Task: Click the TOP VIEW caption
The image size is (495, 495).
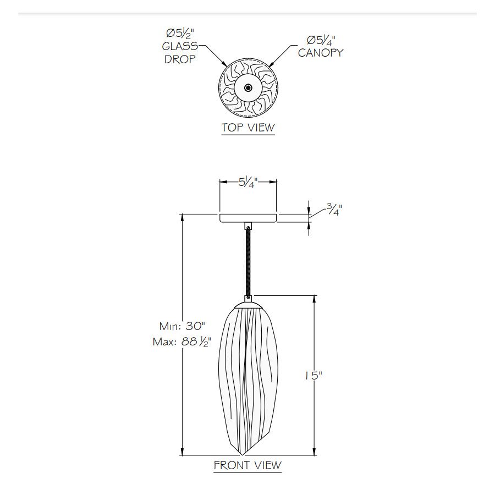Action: pos(248,128)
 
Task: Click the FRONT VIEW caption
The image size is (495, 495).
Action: pos(248,465)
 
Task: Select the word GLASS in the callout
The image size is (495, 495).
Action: pos(180,46)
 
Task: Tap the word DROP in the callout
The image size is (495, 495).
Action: pos(180,59)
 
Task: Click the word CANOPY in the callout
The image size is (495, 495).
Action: pos(321,53)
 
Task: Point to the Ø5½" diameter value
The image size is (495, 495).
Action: pos(180,33)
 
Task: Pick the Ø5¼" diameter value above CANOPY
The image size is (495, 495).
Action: pos(321,40)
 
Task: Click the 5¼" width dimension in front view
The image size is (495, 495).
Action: pos(248,182)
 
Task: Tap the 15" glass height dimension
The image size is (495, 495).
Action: pos(313,376)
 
